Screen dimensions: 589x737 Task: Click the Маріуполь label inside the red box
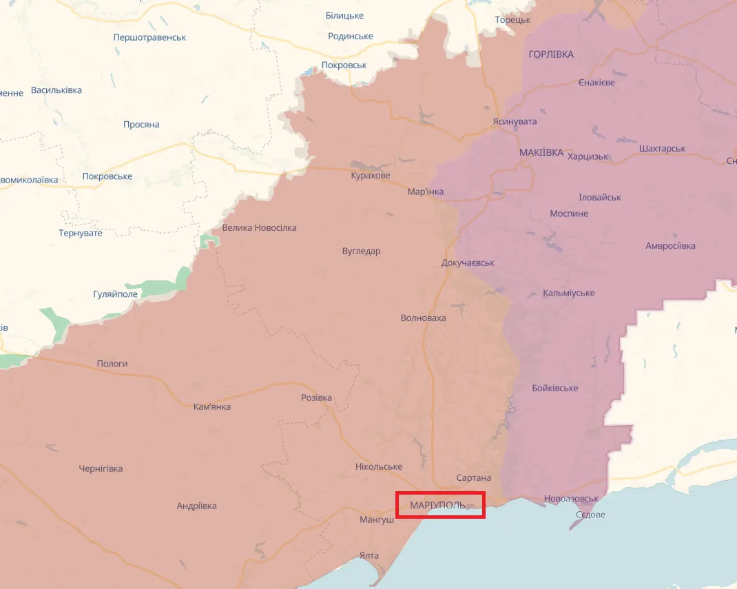point(437,506)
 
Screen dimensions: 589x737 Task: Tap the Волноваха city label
point(423,318)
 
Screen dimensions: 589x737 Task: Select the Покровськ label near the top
point(344,65)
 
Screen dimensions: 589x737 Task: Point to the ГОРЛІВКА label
point(551,54)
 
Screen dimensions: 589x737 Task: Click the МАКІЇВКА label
point(541,152)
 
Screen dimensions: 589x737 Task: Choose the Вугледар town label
point(361,251)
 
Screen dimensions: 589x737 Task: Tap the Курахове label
point(370,176)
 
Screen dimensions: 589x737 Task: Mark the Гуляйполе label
point(115,294)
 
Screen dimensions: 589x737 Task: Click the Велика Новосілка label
point(259,228)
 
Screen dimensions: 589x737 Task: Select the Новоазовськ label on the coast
point(570,499)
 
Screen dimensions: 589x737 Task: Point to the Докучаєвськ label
point(468,263)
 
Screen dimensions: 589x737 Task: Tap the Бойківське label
point(555,389)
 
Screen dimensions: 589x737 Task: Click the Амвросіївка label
point(670,246)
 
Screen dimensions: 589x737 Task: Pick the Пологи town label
point(112,364)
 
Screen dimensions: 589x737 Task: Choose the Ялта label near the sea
point(368,555)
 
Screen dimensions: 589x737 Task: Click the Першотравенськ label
point(149,37)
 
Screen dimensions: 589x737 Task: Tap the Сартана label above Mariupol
point(474,478)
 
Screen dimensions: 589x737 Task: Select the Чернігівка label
point(101,469)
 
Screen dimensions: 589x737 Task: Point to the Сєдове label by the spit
point(590,515)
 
